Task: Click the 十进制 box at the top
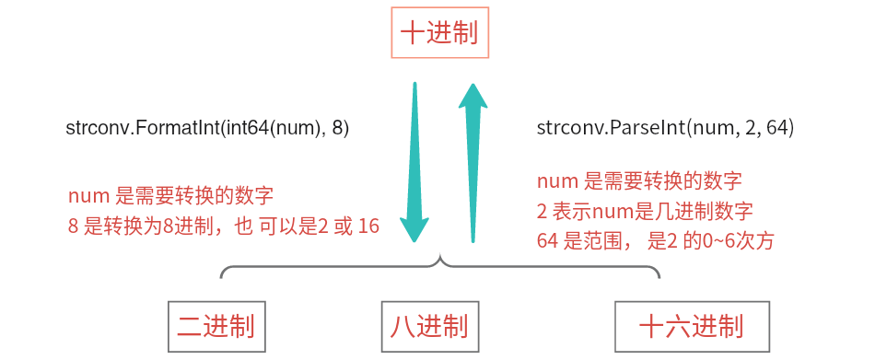(439, 33)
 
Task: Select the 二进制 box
(216, 326)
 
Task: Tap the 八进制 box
(428, 326)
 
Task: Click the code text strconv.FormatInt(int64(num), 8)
(207, 128)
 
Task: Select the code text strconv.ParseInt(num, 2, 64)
(665, 128)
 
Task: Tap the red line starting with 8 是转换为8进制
(224, 226)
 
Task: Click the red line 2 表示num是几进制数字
(645, 210)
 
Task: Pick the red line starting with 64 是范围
(655, 241)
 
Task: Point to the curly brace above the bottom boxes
(440, 268)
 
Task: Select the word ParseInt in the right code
(645, 128)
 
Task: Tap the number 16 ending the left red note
(368, 226)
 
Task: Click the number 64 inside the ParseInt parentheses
(779, 128)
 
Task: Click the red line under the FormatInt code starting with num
(170, 196)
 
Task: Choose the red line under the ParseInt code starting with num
(639, 179)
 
